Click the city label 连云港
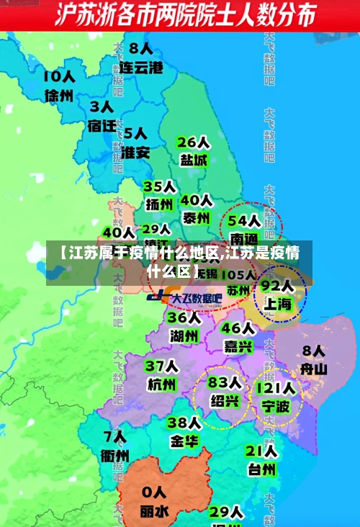point(141,68)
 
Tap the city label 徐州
point(59,96)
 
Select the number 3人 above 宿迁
point(102,107)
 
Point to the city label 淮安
point(135,152)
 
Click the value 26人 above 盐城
point(193,142)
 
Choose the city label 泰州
point(196,217)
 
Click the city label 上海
point(277,304)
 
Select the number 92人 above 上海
point(277,286)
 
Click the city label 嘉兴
point(238,346)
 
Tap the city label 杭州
point(161,384)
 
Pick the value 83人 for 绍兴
point(225,382)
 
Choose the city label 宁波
point(276,407)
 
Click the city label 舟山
point(313,369)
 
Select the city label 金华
point(184,441)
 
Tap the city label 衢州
point(115,455)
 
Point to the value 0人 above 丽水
point(153,492)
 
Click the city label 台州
point(261,469)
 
